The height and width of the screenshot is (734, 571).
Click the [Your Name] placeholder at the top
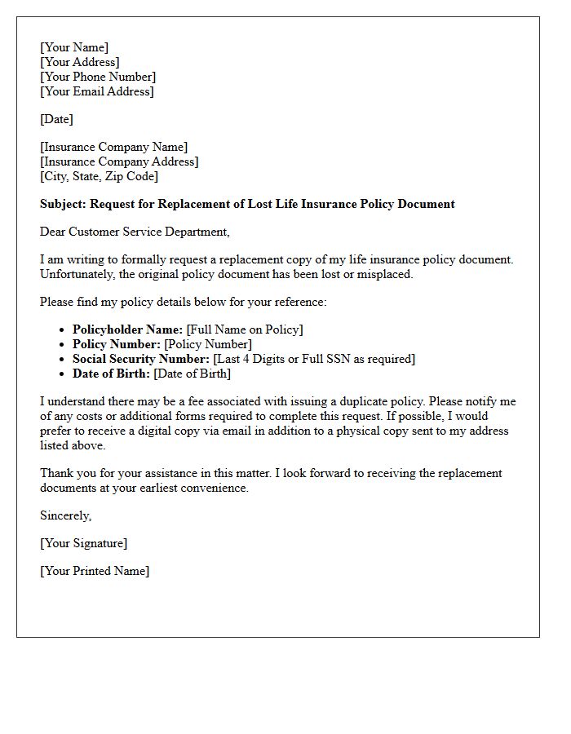(x=74, y=47)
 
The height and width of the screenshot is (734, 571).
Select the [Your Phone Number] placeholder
(x=98, y=77)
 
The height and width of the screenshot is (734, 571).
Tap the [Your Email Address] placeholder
(x=96, y=91)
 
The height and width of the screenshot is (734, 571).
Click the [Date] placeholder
(x=56, y=119)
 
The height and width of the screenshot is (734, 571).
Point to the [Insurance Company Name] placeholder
(x=113, y=147)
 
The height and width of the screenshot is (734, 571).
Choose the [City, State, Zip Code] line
(x=99, y=176)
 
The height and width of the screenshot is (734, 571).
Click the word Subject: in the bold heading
(x=64, y=204)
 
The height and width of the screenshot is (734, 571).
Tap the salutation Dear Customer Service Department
(x=135, y=232)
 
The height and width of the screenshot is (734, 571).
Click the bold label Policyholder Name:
(x=127, y=329)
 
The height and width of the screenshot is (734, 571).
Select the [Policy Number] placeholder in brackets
(x=208, y=344)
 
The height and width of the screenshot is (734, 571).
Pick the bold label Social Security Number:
(x=141, y=359)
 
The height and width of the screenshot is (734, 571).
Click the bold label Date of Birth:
(x=111, y=374)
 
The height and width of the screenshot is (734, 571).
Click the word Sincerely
(x=65, y=515)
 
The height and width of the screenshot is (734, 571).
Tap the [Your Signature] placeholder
(x=83, y=543)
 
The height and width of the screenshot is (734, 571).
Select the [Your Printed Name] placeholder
(x=95, y=571)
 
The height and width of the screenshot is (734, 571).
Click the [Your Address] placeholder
(x=79, y=62)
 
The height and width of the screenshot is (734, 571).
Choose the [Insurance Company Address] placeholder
(x=119, y=161)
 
